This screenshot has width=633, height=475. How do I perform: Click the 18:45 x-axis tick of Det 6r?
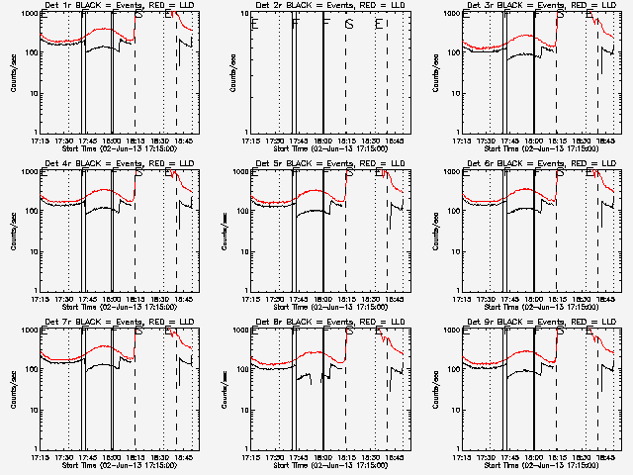605,299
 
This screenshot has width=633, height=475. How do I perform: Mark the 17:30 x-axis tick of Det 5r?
278,299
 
